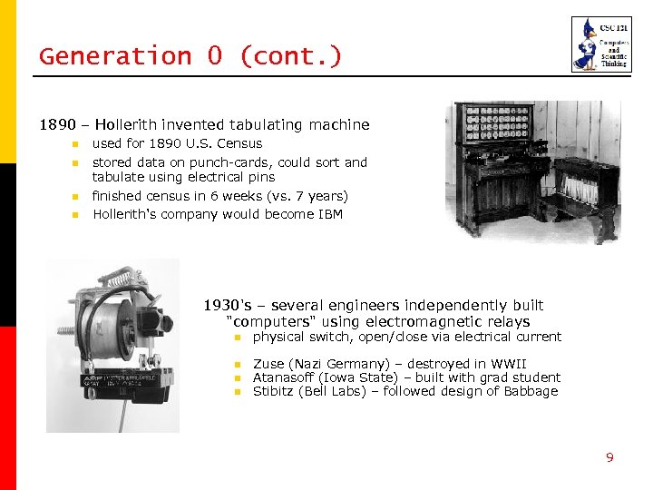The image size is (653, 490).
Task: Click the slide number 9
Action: pos(609,457)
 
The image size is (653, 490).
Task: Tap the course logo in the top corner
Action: pos(595,44)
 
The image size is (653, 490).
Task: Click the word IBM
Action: pos(329,214)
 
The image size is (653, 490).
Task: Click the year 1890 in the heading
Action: pos(56,124)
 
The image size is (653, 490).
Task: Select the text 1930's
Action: pos(225,305)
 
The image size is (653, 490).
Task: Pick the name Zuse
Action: pos(269,364)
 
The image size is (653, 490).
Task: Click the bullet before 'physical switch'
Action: pos(234,338)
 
